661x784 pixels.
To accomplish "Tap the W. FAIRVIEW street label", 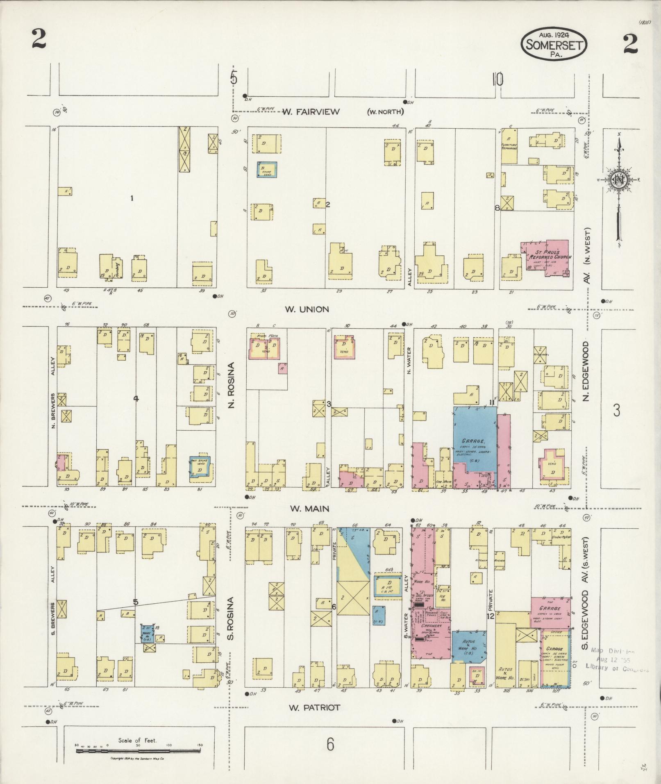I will (311, 112).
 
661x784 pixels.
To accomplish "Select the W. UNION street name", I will (307, 309).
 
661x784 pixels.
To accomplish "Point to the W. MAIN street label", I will (309, 509).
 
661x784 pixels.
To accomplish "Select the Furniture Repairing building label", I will (509, 147).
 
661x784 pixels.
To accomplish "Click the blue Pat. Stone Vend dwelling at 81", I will (200, 468).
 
